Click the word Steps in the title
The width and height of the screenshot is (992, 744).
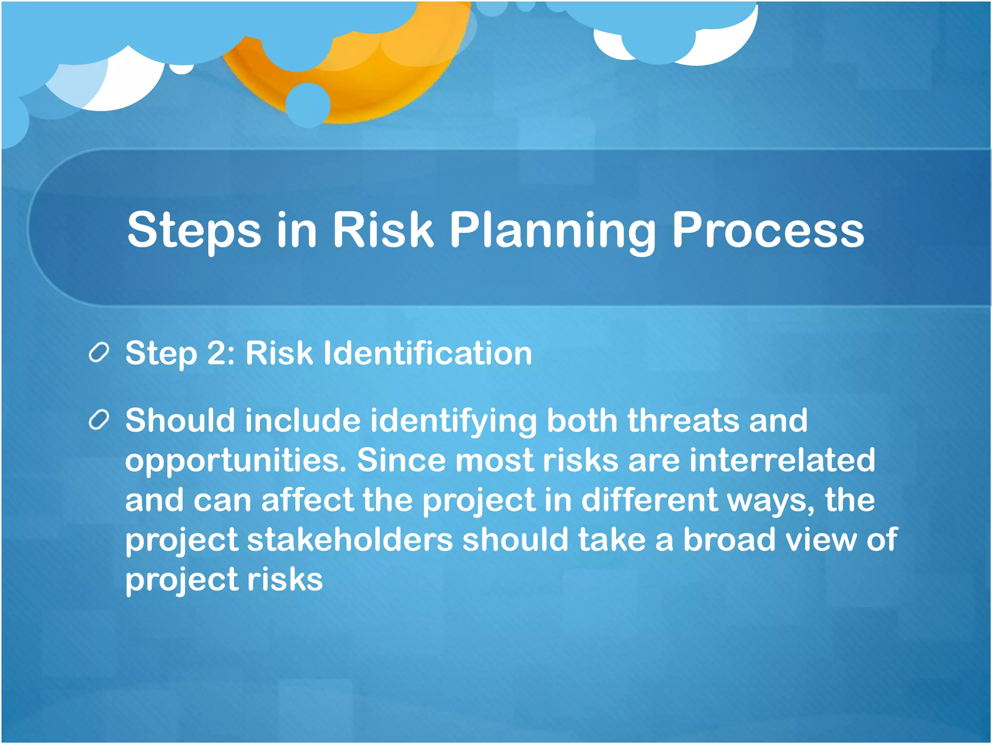click(194, 231)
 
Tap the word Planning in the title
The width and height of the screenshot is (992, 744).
click(553, 231)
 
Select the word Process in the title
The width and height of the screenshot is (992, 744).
click(768, 231)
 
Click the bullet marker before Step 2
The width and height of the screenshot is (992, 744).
click(99, 353)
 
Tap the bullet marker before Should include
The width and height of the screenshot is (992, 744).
click(99, 420)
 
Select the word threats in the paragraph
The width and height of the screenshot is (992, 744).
click(683, 420)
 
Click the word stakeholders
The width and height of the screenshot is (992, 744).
click(350, 540)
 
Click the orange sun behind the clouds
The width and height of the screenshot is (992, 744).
click(368, 82)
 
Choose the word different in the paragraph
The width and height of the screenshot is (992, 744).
click(649, 500)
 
